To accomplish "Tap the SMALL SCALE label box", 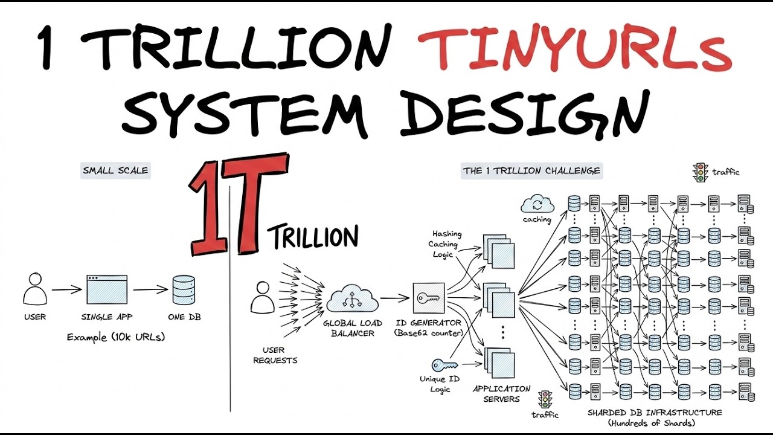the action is (115, 170).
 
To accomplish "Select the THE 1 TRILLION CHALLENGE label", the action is (531, 171).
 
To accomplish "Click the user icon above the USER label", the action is (35, 289).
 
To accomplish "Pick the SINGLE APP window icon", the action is (107, 289).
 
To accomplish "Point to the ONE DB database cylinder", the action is (184, 289).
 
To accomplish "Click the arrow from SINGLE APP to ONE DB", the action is (150, 289).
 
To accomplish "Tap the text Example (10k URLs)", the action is (115, 337).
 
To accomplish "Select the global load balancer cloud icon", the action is (352, 298).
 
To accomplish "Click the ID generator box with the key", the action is (429, 298).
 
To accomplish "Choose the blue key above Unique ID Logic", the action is (445, 365).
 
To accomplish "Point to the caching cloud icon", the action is (537, 204).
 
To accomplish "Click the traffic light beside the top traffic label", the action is (700, 173).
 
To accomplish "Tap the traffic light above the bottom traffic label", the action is (545, 400).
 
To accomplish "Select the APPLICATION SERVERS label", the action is (501, 394).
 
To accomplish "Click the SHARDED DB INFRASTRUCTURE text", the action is (655, 413).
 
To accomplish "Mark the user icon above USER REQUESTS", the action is (263, 297).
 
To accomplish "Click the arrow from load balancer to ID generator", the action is (395, 298).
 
